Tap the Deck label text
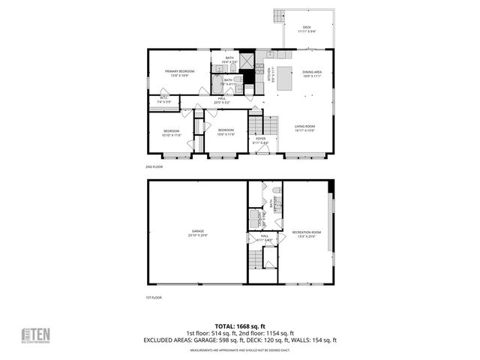coord(307,29)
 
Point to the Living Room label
coord(304,127)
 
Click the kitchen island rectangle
coord(285,80)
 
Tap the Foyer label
coord(260,139)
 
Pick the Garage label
coord(198,232)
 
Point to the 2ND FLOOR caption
coord(154,166)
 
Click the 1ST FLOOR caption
coord(154,298)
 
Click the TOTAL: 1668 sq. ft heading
coord(240,326)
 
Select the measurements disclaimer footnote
coord(240,350)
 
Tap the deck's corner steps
coord(279,15)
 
